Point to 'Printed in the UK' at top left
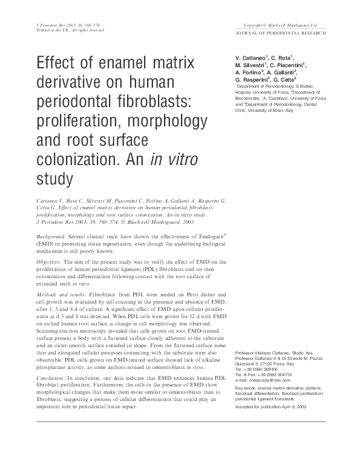coord(48,30)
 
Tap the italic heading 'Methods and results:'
coord(63,293)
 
